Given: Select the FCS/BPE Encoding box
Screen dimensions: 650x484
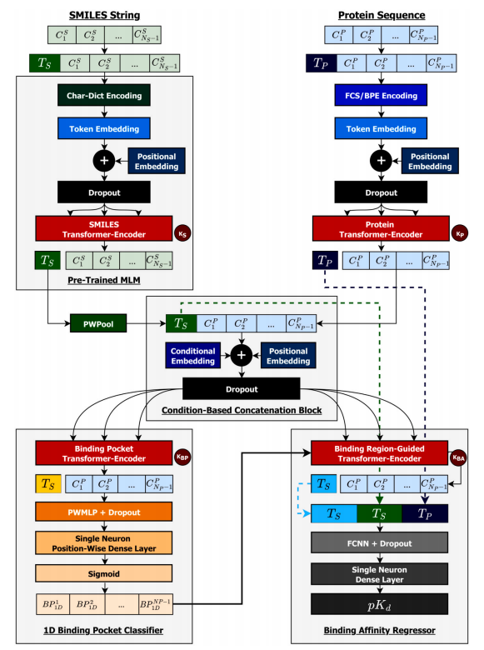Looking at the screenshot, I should pyautogui.click(x=381, y=95).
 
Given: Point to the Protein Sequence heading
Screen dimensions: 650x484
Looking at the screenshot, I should pyautogui.click(x=381, y=15).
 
